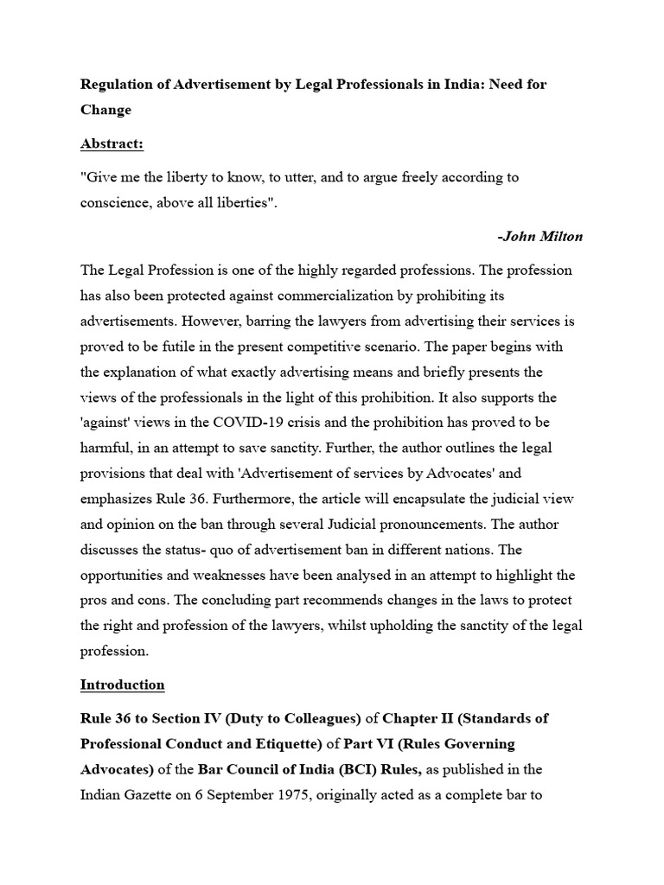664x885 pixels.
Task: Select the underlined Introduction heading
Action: click(x=122, y=684)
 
